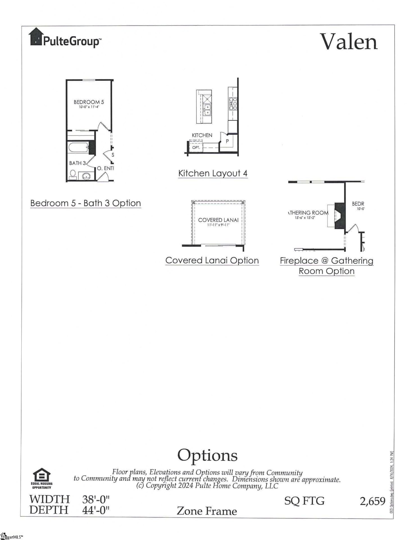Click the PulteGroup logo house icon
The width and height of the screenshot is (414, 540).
(x=36, y=37)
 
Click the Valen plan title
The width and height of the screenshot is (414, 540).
(x=349, y=42)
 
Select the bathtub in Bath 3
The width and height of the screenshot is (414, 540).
(x=78, y=148)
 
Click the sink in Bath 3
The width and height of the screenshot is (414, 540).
(x=86, y=176)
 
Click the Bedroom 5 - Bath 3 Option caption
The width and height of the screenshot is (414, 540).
(x=85, y=203)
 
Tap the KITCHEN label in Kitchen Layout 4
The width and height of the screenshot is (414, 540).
(x=202, y=135)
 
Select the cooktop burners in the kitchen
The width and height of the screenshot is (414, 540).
(x=233, y=103)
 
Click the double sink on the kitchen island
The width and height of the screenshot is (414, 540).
(x=207, y=110)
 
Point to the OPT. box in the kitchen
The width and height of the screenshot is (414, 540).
(x=196, y=147)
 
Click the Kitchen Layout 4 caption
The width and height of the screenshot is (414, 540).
(x=213, y=173)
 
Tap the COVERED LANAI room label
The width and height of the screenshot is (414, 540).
(x=218, y=220)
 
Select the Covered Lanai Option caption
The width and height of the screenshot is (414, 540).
(x=212, y=260)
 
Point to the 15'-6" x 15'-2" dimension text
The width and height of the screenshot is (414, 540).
(x=305, y=218)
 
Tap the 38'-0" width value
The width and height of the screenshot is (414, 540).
(x=95, y=499)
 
